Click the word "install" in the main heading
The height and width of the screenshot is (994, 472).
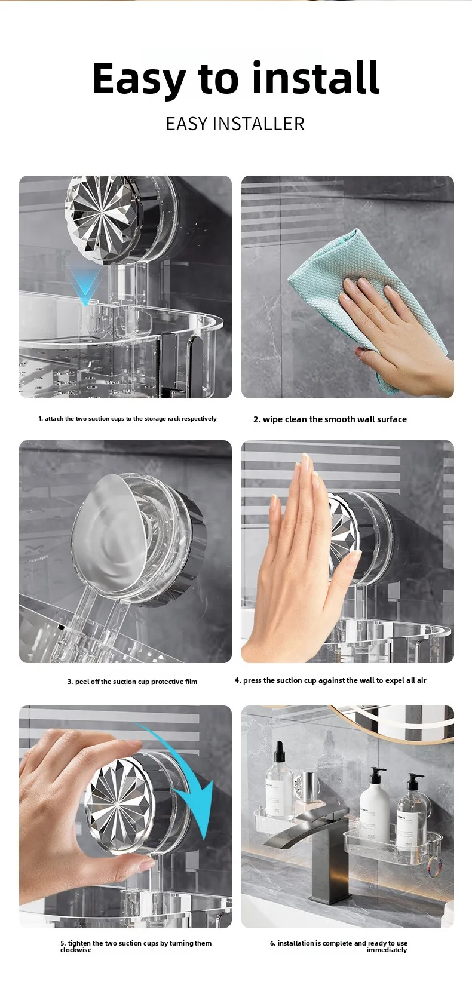tap(315, 78)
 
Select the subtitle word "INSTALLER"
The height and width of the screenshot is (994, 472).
tap(259, 124)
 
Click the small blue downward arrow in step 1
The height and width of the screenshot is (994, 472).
tap(85, 284)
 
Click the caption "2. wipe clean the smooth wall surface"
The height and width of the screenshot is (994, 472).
tap(330, 419)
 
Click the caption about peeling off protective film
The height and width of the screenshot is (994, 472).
tap(132, 682)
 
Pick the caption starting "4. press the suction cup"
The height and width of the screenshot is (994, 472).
tap(330, 680)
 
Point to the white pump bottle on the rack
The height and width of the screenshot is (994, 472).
tap(375, 804)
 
